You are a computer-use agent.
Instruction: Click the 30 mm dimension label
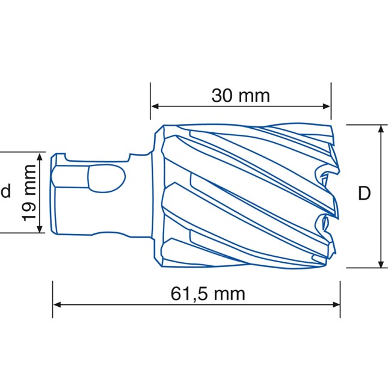point(241,96)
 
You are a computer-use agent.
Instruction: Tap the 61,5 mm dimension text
point(208,294)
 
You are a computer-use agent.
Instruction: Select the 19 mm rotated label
point(29,192)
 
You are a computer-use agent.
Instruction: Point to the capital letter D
point(365,193)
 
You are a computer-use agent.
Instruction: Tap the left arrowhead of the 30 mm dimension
point(155,106)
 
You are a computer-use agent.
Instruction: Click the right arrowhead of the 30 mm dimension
point(326,106)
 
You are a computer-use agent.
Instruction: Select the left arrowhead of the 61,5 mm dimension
point(57,305)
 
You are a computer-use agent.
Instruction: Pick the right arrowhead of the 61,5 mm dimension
point(336,305)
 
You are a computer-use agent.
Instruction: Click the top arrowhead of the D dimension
point(381,129)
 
